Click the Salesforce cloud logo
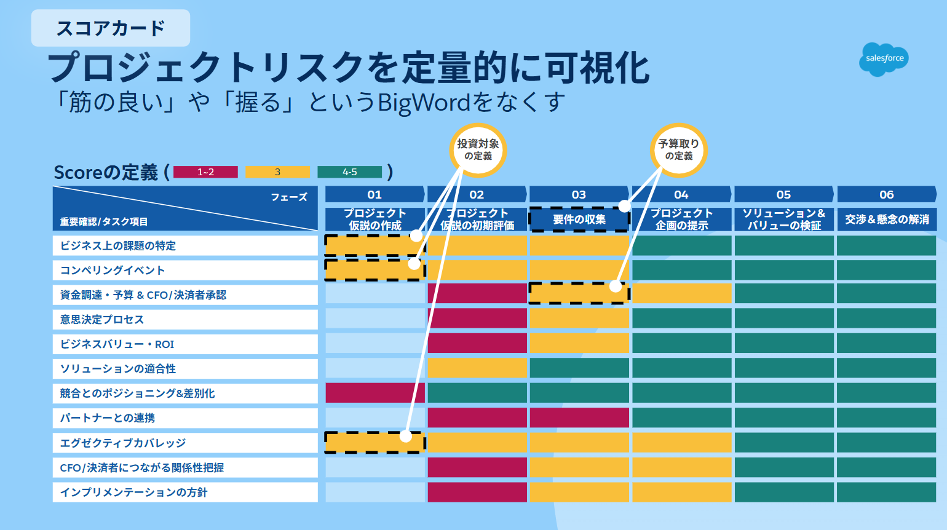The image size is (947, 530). tap(884, 59)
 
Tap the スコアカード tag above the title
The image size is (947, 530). tap(111, 28)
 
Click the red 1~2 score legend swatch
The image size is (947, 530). tap(205, 172)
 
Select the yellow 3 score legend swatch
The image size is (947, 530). tap(277, 172)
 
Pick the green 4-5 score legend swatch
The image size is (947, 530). tap(350, 172)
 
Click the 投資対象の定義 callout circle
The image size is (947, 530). tap(478, 150)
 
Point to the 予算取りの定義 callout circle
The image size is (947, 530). tap(678, 150)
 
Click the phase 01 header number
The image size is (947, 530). tap(374, 194)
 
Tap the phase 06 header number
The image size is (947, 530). tap(887, 194)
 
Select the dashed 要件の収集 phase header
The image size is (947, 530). tap(579, 220)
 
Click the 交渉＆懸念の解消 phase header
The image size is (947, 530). tap(887, 220)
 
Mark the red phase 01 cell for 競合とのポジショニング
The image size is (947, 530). tap(375, 393)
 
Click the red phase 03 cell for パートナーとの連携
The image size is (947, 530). tap(579, 417)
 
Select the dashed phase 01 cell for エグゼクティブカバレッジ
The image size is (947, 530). tap(375, 443)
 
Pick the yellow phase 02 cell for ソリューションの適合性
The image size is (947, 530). tap(477, 368)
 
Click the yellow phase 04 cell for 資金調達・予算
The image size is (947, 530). tap(681, 293)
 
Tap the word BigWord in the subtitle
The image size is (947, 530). tap(424, 103)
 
